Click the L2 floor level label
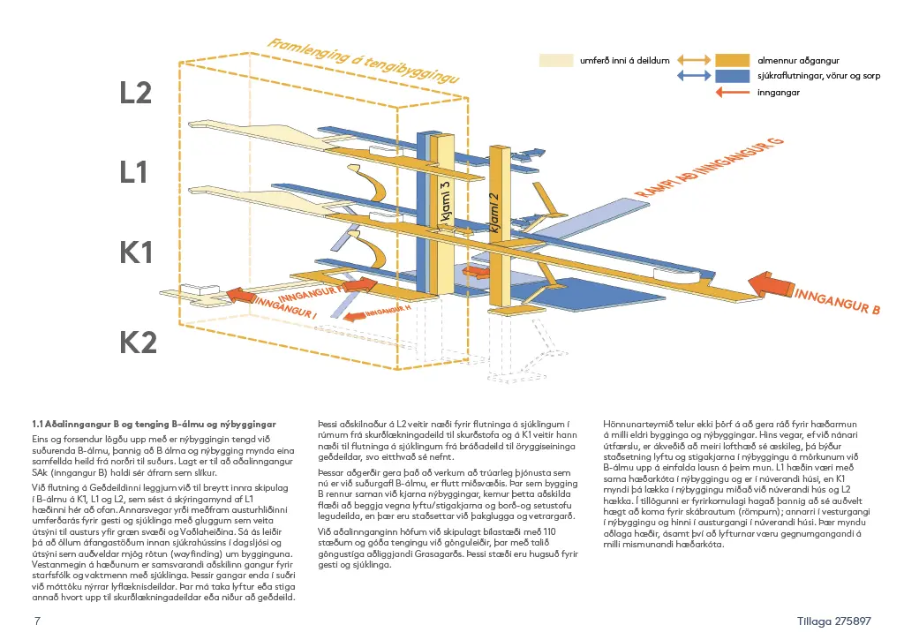pos(136,93)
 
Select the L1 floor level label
pos(133,172)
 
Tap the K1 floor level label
pos(136,253)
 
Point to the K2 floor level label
pos(138,342)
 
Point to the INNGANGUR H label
pos(388,311)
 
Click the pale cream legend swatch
pos(558,60)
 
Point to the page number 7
pos(36,621)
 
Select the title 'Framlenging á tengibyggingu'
pos(366,66)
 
